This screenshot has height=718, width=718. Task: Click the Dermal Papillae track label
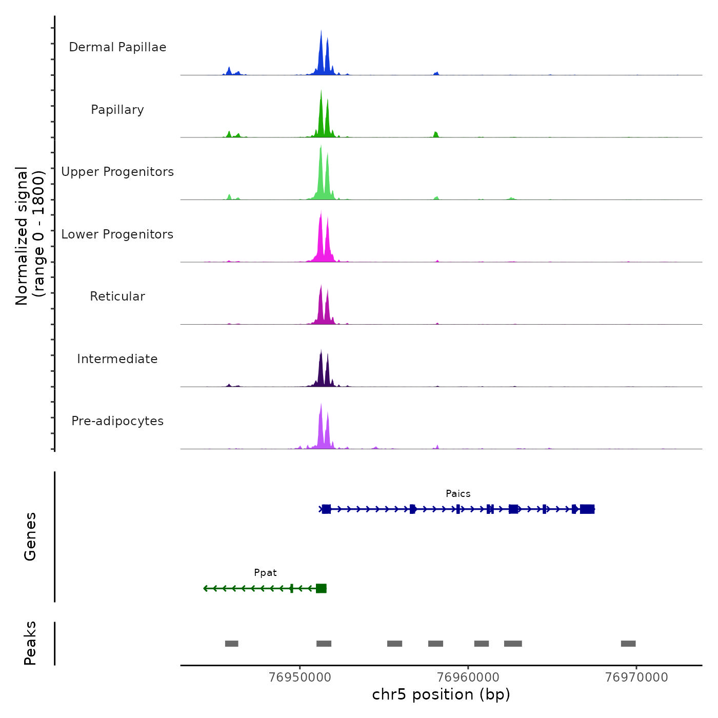pos(117,47)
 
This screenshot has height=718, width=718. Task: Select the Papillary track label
pos(117,110)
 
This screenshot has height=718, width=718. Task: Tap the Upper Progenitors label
pos(117,172)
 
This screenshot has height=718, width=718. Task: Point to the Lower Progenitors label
pos(117,234)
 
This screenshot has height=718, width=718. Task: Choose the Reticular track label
pos(117,296)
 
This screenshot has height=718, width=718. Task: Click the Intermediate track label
pos(117,359)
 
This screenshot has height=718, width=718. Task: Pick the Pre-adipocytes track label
pos(117,421)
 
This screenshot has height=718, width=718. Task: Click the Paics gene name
pos(458,494)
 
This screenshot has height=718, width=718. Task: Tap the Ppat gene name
pos(265,573)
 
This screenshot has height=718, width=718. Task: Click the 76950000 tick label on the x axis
pos(300,677)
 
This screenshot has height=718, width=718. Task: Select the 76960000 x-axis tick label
pos(468,677)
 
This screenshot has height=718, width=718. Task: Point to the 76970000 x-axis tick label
pos(636,677)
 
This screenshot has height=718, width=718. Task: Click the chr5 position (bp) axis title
pos(441,695)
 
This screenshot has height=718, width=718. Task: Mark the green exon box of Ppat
pos(321,588)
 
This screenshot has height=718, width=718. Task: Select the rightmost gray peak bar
pos(628,644)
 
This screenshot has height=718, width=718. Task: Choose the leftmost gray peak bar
pos(232,644)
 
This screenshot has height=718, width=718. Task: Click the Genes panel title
pos(30,536)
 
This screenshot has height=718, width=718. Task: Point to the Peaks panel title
pos(30,643)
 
